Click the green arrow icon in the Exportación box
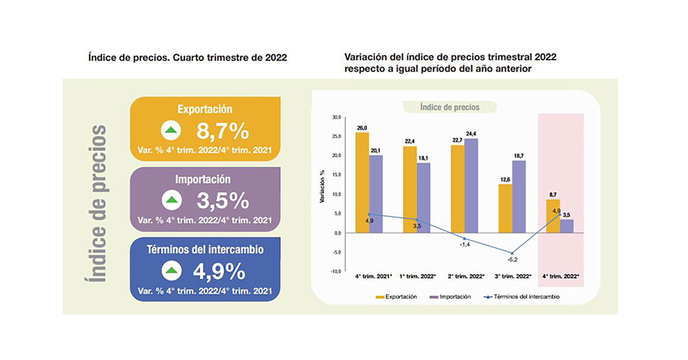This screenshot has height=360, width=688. coord(171,130)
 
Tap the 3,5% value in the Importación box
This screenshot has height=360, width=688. coord(223,201)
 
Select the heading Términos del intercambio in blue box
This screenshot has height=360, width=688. coord(205,249)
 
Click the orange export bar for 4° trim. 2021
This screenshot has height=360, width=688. coord(362,183)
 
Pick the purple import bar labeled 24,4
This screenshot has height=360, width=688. coord(471,186)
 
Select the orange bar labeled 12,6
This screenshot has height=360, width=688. coord(505,208)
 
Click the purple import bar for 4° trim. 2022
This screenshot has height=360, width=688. coord(567,226)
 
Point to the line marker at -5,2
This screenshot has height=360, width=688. coord(512,253)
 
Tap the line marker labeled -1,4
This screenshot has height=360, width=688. coord(464,238)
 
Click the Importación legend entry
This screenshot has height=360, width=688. coord(451,297)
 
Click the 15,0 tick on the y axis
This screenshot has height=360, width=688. coord(337,175)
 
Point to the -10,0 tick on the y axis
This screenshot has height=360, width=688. coord(336,272)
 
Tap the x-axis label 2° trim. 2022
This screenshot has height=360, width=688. coord(466,276)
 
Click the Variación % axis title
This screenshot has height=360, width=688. coord(322,186)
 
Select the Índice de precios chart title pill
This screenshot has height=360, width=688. coord(450,107)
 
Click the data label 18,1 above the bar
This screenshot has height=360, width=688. coord(423,158)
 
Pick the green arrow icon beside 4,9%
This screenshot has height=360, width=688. coord(172,271)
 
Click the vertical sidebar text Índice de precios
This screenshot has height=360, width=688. coord(97,203)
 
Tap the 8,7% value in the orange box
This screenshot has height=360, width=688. coord(223,131)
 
